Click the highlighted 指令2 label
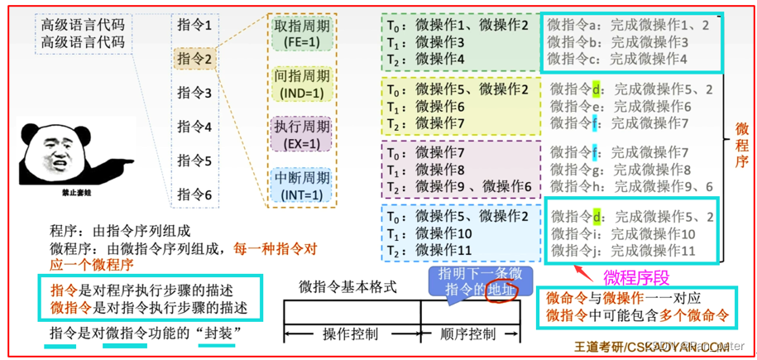coord(194,59)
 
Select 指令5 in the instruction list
coord(194,161)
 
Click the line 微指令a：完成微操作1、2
coord(628,26)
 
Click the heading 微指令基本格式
coord(347,287)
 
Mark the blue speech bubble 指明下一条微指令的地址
coord(480,281)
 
